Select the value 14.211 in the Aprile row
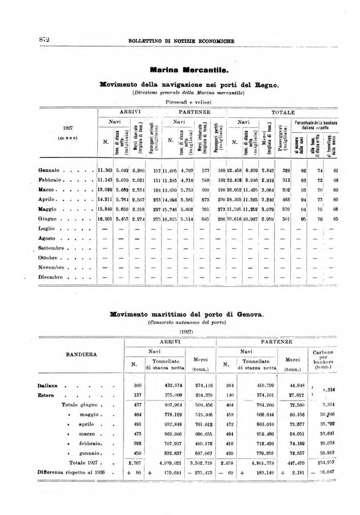coord(106,200)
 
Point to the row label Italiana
coord(49,386)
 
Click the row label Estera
coord(48,395)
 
